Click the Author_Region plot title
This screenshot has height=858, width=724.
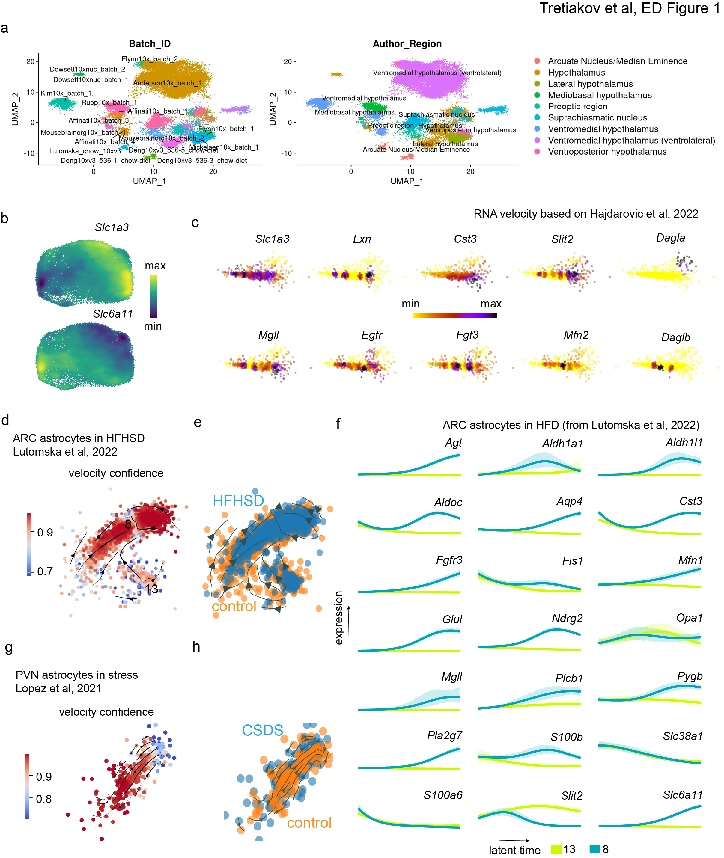point(407,44)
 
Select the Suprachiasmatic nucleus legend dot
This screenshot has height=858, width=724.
point(537,118)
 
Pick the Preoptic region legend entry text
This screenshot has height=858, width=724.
point(577,106)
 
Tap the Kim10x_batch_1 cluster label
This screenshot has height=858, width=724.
point(66,93)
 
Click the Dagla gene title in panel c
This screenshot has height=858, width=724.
point(670,238)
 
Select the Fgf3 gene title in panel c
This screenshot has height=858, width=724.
point(467,335)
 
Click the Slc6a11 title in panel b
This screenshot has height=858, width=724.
point(113,314)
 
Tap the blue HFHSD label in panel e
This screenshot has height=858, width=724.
point(238,500)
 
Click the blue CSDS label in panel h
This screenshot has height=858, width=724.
point(262,730)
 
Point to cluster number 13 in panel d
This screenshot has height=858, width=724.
point(151,589)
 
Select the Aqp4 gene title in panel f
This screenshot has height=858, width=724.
point(569,501)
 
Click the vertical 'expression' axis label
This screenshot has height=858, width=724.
point(339,618)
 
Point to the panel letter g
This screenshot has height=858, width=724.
point(8,647)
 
